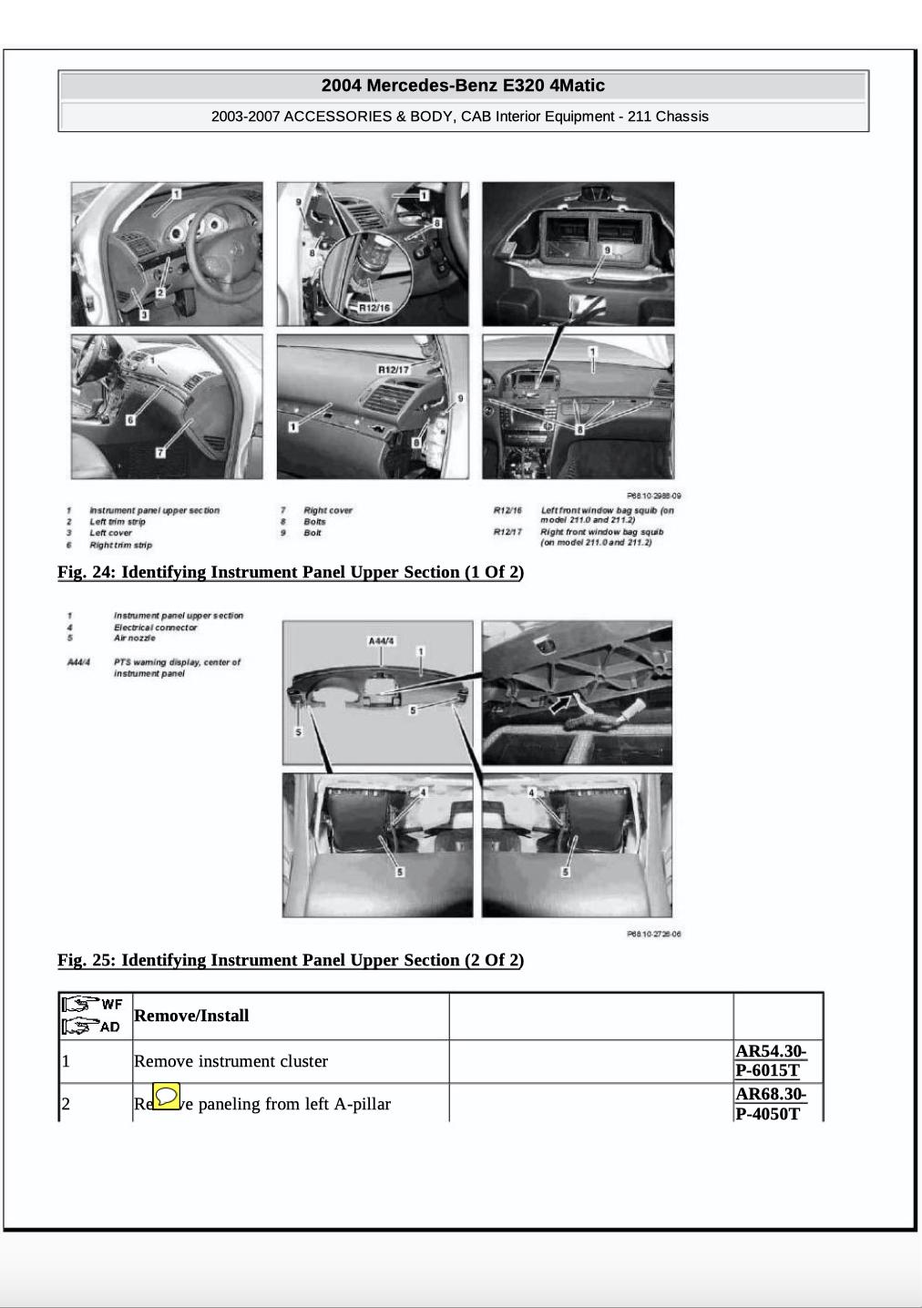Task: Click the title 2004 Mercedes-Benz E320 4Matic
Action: pos(463,86)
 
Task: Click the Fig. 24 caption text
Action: pos(290,572)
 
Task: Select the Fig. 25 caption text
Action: pos(290,960)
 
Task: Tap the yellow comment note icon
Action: pos(166,1096)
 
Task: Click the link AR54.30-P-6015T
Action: pos(770,1060)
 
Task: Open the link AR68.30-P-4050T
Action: pos(770,1103)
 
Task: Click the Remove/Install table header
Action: pos(191,1016)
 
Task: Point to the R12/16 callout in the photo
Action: pos(374,308)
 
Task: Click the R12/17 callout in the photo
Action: pos(393,370)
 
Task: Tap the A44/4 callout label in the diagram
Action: pos(382,641)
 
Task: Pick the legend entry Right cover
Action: pos(328,511)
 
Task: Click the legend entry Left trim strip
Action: pos(118,522)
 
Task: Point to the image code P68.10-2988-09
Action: pos(654,496)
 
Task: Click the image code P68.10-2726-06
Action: pos(654,934)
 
